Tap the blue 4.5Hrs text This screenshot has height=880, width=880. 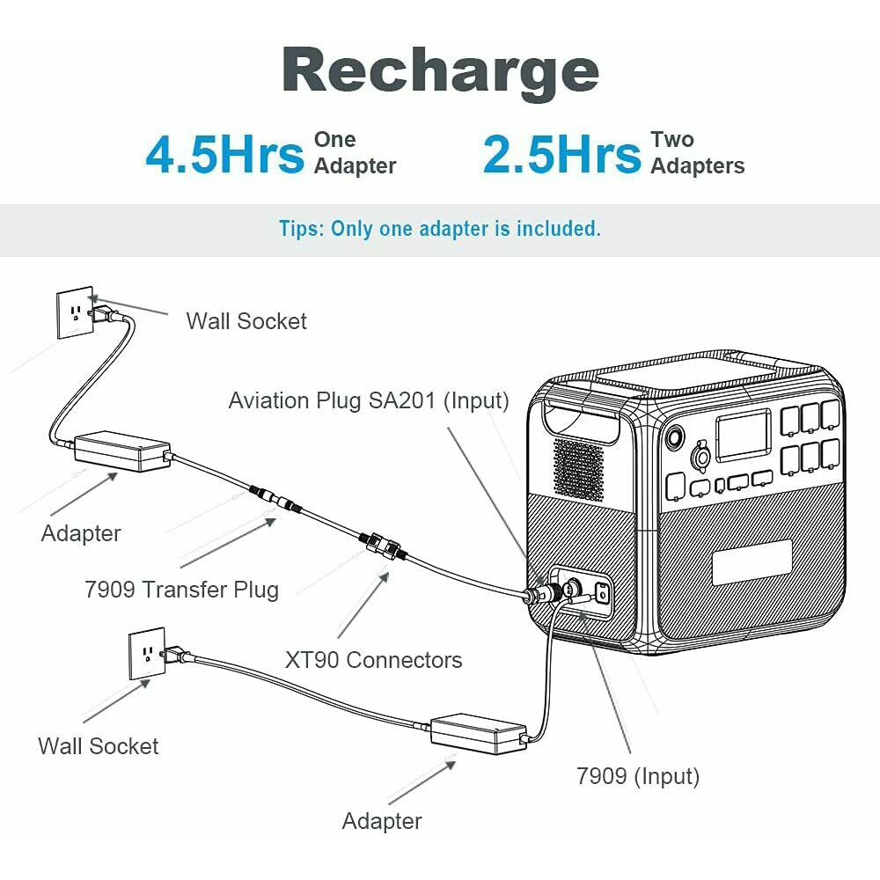(x=225, y=154)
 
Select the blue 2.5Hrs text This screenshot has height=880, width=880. (x=561, y=154)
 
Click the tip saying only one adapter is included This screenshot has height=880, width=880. (x=440, y=229)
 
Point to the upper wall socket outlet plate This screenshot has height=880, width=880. (x=75, y=312)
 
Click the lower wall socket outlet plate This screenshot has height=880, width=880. (x=147, y=654)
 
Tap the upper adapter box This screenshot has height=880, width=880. (x=122, y=451)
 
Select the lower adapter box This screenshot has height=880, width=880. (x=478, y=734)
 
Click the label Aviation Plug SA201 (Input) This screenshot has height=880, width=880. (x=369, y=400)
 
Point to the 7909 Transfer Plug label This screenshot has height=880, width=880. (x=181, y=590)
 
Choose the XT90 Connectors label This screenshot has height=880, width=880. (x=373, y=660)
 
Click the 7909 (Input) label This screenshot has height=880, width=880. (x=637, y=777)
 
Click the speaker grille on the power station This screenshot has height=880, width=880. (x=579, y=470)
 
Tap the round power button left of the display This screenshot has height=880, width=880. (x=673, y=436)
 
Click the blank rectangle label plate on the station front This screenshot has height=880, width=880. (x=752, y=562)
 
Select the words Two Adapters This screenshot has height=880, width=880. (x=698, y=152)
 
